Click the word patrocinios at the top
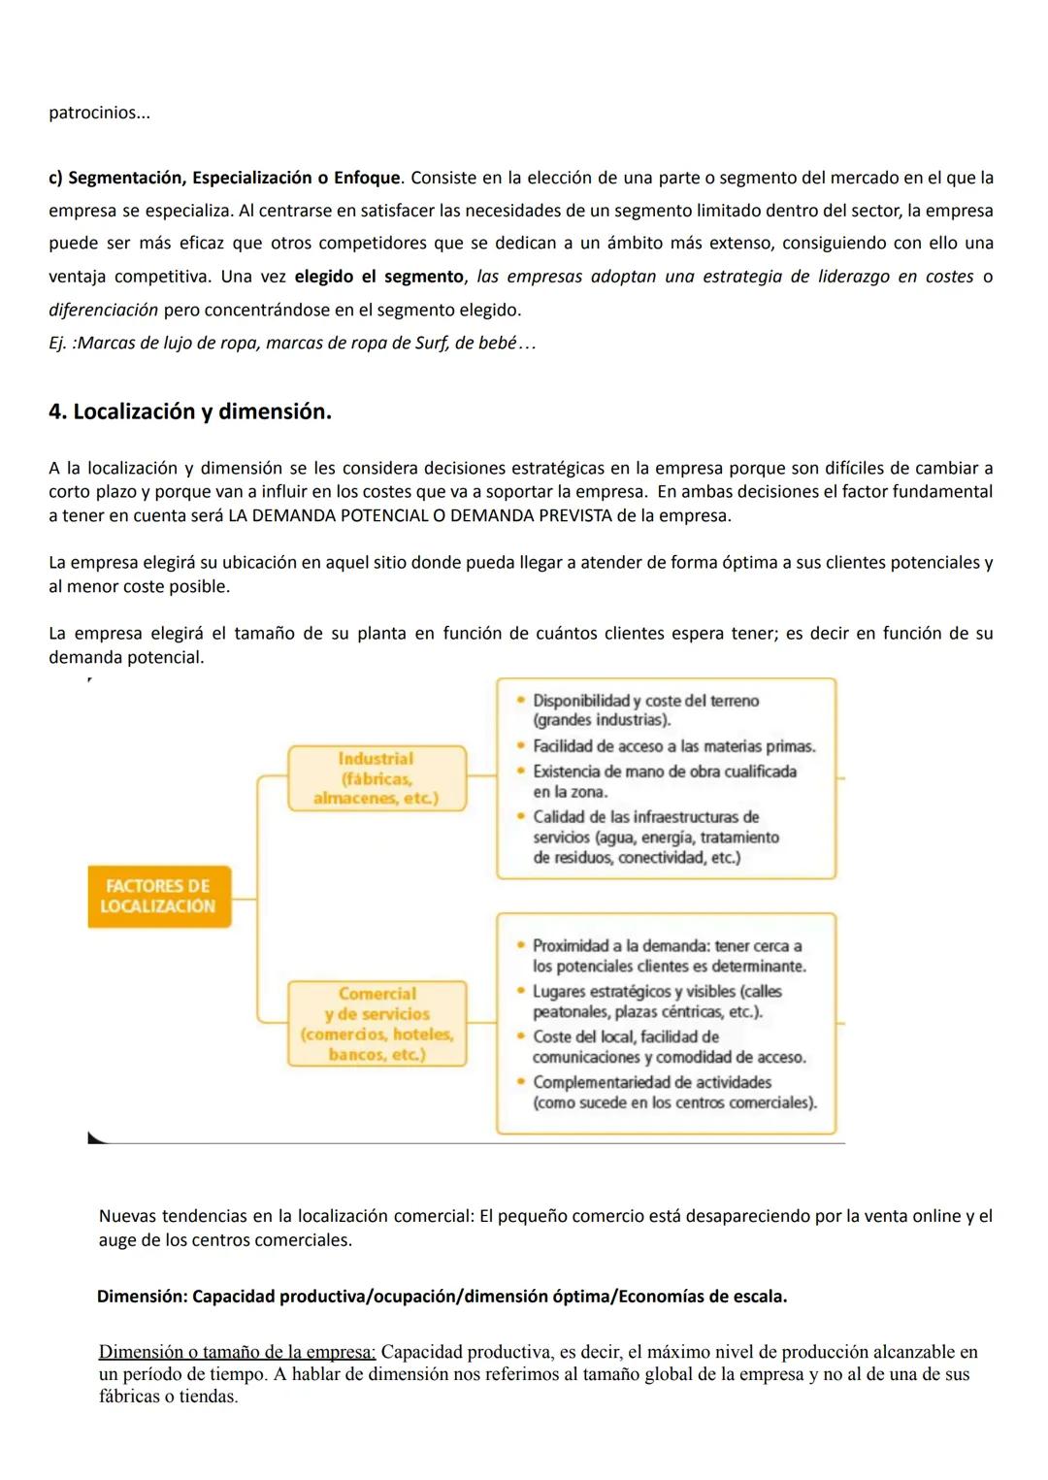pyautogui.click(x=99, y=114)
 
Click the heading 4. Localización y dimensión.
pyautogui.click(x=190, y=411)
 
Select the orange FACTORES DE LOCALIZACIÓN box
pyautogui.click(x=159, y=896)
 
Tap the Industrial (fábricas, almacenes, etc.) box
pyautogui.click(x=377, y=778)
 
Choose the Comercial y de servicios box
pyautogui.click(x=377, y=1024)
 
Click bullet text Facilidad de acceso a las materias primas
pyautogui.click(x=673, y=746)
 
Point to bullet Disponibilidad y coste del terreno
pyautogui.click(x=645, y=710)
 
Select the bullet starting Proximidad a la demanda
pyautogui.click(x=669, y=956)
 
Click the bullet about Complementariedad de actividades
pyautogui.click(x=673, y=1092)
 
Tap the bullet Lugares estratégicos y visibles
pyautogui.click(x=656, y=1002)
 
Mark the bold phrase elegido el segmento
pyautogui.click(x=378, y=277)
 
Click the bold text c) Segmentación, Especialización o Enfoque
pyautogui.click(x=224, y=179)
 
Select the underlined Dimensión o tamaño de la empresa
pyautogui.click(x=237, y=1352)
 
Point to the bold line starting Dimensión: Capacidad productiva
pyautogui.click(x=442, y=1297)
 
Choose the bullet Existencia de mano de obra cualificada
pyautogui.click(x=664, y=781)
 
